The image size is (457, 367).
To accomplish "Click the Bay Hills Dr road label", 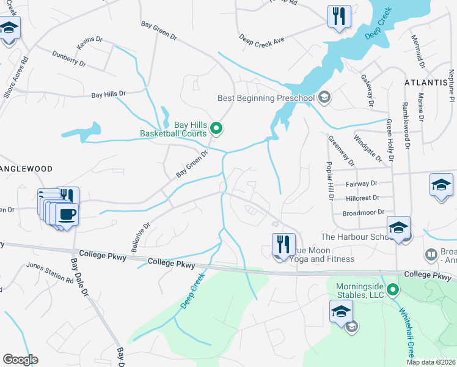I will pyautogui.click(x=108, y=94).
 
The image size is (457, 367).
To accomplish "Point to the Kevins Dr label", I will pyautogui.click(x=86, y=43).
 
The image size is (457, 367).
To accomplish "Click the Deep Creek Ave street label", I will pyautogui.click(x=262, y=39).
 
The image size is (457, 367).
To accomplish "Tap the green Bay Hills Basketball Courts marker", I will pyautogui.click(x=216, y=128).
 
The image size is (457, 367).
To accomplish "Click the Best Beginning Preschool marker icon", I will pyautogui.click(x=324, y=97).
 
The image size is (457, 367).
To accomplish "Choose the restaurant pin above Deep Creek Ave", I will pyautogui.click(x=339, y=16).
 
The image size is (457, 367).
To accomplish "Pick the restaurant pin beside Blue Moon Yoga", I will pyautogui.click(x=283, y=244).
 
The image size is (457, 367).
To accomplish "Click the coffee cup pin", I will pyautogui.click(x=67, y=215).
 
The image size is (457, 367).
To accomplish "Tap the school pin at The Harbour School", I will pyautogui.click(x=398, y=228).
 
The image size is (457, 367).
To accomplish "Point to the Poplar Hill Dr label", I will pyautogui.click(x=330, y=181).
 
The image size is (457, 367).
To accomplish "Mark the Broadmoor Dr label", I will pyautogui.click(x=363, y=212).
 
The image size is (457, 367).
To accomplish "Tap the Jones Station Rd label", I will pyautogui.click(x=49, y=273).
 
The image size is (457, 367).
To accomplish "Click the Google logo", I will pyautogui.click(x=20, y=360).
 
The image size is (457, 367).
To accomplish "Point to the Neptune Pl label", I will pyautogui.click(x=451, y=77).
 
